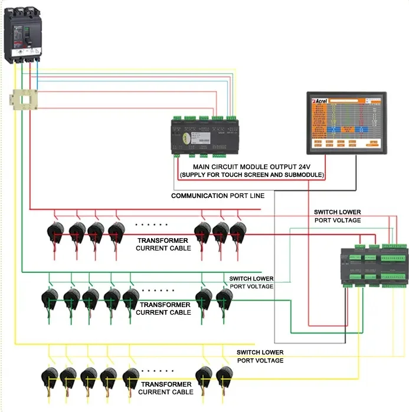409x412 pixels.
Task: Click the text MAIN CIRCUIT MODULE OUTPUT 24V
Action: point(251,167)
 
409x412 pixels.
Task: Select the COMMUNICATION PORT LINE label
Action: point(218,195)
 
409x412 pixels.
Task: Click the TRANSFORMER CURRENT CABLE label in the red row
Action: point(163,245)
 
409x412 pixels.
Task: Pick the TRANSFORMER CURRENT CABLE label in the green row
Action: point(163,308)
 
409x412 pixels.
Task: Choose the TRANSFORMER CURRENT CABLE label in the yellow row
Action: point(166,388)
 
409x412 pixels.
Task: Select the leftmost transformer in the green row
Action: point(51,299)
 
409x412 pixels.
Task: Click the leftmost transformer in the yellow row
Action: point(50,378)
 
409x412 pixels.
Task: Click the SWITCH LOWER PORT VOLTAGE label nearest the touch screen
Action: point(337,216)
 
